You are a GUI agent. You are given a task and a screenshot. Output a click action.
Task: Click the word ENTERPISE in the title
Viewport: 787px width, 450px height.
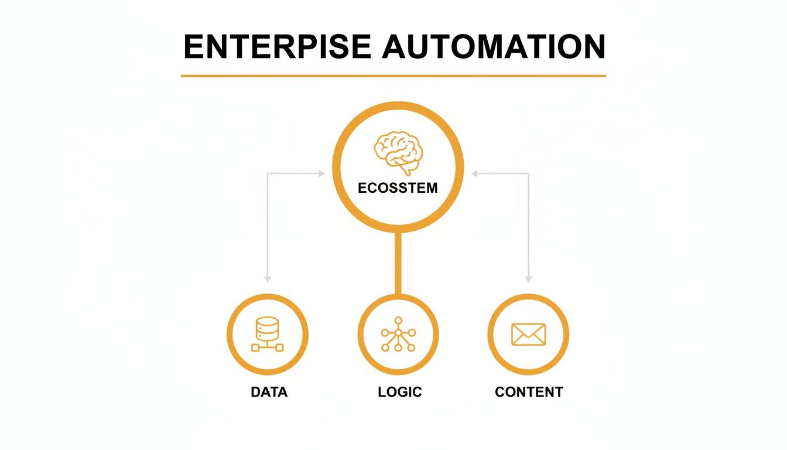point(276,47)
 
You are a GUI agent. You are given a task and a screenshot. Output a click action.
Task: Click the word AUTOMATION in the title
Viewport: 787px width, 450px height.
point(494,47)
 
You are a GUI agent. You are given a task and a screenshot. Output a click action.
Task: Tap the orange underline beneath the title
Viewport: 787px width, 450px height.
point(393,76)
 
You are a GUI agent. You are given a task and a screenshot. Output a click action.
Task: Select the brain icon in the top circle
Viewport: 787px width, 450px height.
point(398,151)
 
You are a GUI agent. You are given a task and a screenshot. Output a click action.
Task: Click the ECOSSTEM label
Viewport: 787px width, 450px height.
point(398,189)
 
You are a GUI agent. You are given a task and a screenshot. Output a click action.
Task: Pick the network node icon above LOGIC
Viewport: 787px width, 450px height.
point(398,334)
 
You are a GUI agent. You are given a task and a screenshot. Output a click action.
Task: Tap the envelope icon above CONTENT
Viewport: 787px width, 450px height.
point(528,334)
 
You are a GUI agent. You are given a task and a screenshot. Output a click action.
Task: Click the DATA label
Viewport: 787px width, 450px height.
point(269,392)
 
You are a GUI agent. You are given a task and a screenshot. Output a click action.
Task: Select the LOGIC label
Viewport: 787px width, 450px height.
point(400,392)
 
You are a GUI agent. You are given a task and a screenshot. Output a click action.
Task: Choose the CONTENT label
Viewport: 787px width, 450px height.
point(529,392)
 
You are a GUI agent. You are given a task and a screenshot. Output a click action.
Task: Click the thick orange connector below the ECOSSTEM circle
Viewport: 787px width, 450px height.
point(398,264)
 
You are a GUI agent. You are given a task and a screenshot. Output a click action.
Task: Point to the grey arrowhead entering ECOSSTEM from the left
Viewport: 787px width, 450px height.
point(321,173)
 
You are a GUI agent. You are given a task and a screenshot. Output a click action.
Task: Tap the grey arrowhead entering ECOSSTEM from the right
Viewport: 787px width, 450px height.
point(475,173)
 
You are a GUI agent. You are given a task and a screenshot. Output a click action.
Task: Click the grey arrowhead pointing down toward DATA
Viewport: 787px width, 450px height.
point(267,279)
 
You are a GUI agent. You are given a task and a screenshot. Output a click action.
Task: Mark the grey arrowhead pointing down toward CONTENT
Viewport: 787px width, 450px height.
point(528,279)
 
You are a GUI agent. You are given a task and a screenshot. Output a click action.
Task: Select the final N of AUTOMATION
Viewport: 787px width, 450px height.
point(593,47)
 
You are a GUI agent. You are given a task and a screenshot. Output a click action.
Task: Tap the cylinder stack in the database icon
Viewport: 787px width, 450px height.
point(267,328)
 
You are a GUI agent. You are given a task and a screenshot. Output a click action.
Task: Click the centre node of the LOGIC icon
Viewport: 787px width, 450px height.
point(398,333)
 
